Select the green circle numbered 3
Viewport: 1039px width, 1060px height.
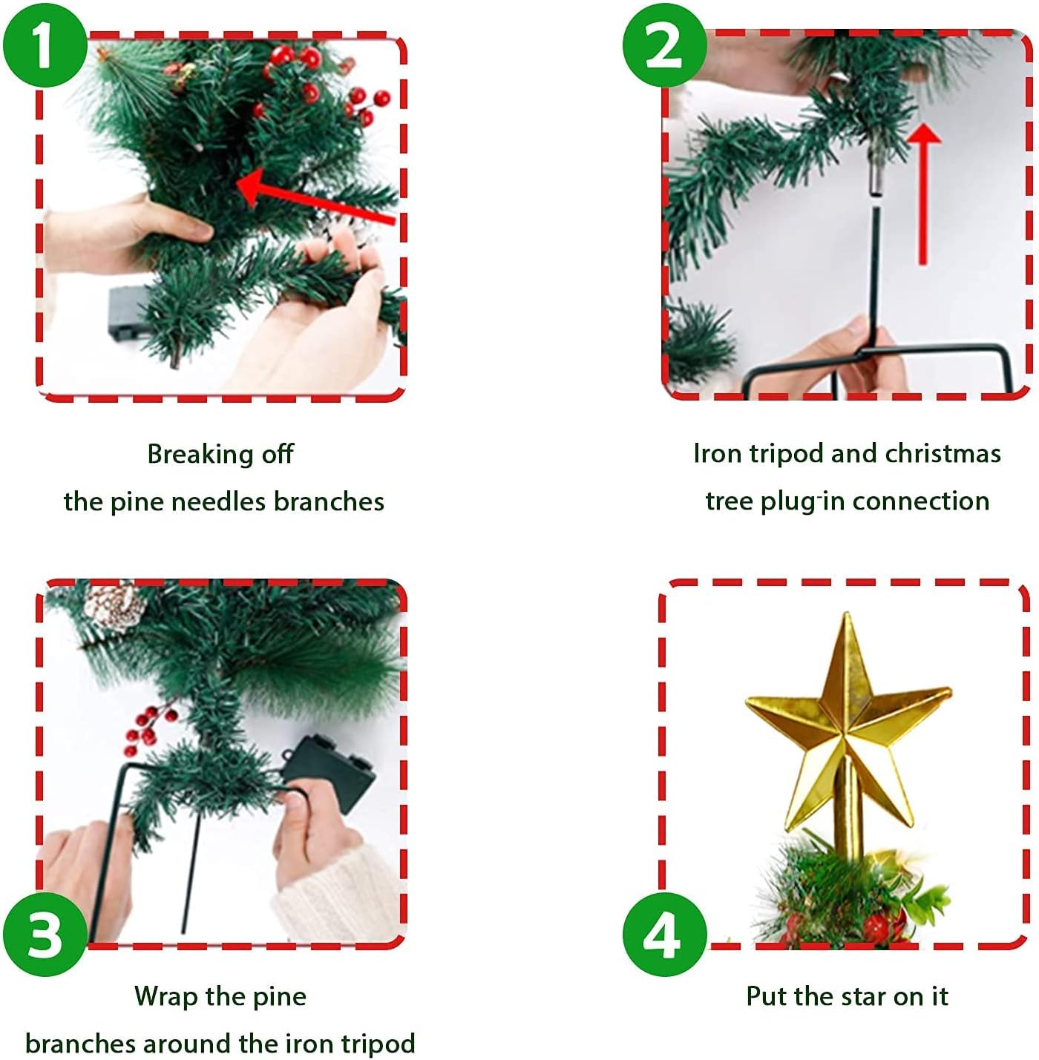point(45,934)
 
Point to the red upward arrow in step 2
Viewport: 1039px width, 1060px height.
point(922,193)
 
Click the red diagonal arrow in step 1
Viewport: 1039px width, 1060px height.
point(312,197)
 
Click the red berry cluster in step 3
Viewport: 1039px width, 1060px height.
point(148,727)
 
